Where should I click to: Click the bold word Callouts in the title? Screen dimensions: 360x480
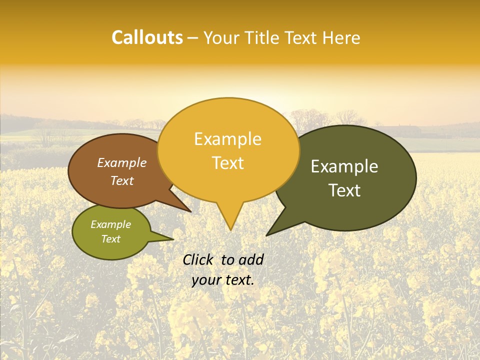pyautogui.click(x=147, y=38)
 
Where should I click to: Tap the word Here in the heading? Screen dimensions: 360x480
pyautogui.click(x=341, y=38)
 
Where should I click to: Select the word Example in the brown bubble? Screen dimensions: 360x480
pyautogui.click(x=121, y=162)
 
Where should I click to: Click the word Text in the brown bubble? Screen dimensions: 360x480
pyautogui.click(x=121, y=180)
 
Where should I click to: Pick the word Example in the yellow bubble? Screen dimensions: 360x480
pyautogui.click(x=227, y=139)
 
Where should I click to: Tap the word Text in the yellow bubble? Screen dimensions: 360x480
pyautogui.click(x=227, y=163)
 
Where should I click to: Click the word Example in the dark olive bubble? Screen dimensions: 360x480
pyautogui.click(x=344, y=166)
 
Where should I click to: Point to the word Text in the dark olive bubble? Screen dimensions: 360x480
pyautogui.click(x=344, y=190)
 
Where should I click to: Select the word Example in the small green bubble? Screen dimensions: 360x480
pyautogui.click(x=110, y=224)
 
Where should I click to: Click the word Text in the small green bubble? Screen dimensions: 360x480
pyautogui.click(x=110, y=239)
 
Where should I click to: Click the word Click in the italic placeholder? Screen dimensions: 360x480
pyautogui.click(x=198, y=259)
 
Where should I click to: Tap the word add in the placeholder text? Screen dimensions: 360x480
pyautogui.click(x=251, y=259)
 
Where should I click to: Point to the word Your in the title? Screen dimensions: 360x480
pyautogui.click(x=222, y=38)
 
